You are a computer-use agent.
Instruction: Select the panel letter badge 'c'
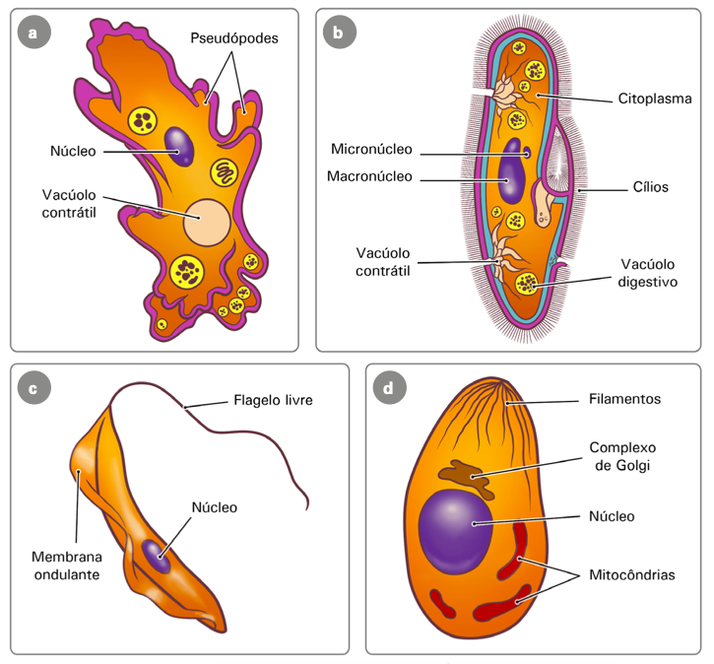coord(34,388)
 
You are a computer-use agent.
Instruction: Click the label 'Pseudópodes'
coord(234,38)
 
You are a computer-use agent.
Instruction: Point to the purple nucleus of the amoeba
coord(180,144)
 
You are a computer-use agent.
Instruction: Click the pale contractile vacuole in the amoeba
coord(207,222)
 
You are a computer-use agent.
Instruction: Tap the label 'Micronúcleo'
coord(372,150)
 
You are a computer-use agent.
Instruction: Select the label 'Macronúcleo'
coord(370,177)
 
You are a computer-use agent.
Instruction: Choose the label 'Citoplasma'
coord(655,99)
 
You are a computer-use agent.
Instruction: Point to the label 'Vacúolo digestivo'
coord(648,272)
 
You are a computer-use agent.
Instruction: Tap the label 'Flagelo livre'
coord(273,401)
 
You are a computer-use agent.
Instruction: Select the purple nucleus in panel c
coord(154,554)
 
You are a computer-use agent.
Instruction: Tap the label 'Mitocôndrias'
coord(631,574)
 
